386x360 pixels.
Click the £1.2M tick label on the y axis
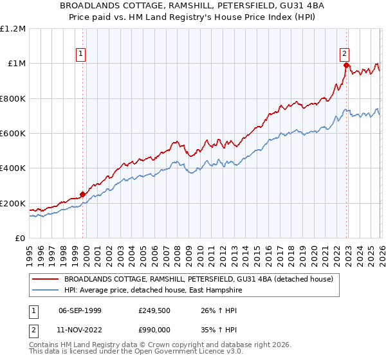pyautogui.click(x=13, y=28)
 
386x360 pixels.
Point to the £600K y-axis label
pyautogui.click(x=13, y=133)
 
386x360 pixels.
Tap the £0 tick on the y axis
pyautogui.click(x=21, y=238)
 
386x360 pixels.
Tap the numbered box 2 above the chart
pyautogui.click(x=345, y=55)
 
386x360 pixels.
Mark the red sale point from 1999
pyautogui.click(x=82, y=194)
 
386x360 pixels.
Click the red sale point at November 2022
pyautogui.click(x=346, y=65)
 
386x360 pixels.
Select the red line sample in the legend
pyautogui.click(x=46, y=279)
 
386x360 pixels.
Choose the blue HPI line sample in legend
pyautogui.click(x=46, y=290)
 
